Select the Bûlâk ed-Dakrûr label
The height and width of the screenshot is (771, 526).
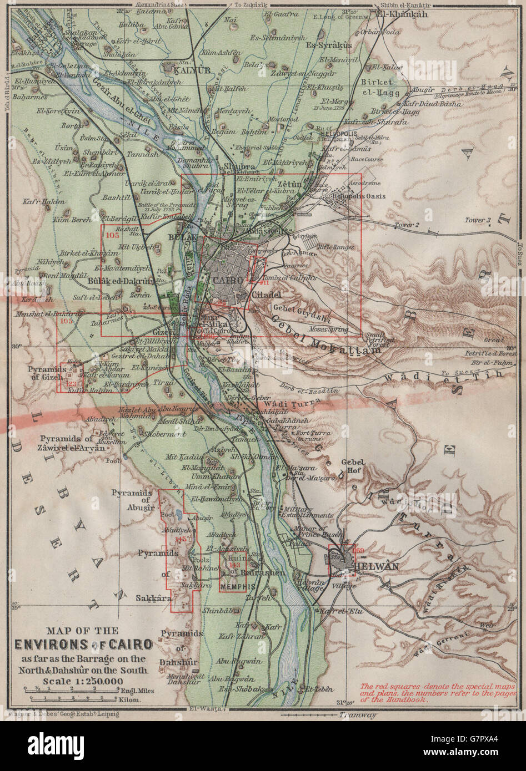tap(121, 281)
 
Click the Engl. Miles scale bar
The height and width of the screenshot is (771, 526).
tap(71, 691)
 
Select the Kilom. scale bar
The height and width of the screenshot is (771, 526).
tap(71, 701)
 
